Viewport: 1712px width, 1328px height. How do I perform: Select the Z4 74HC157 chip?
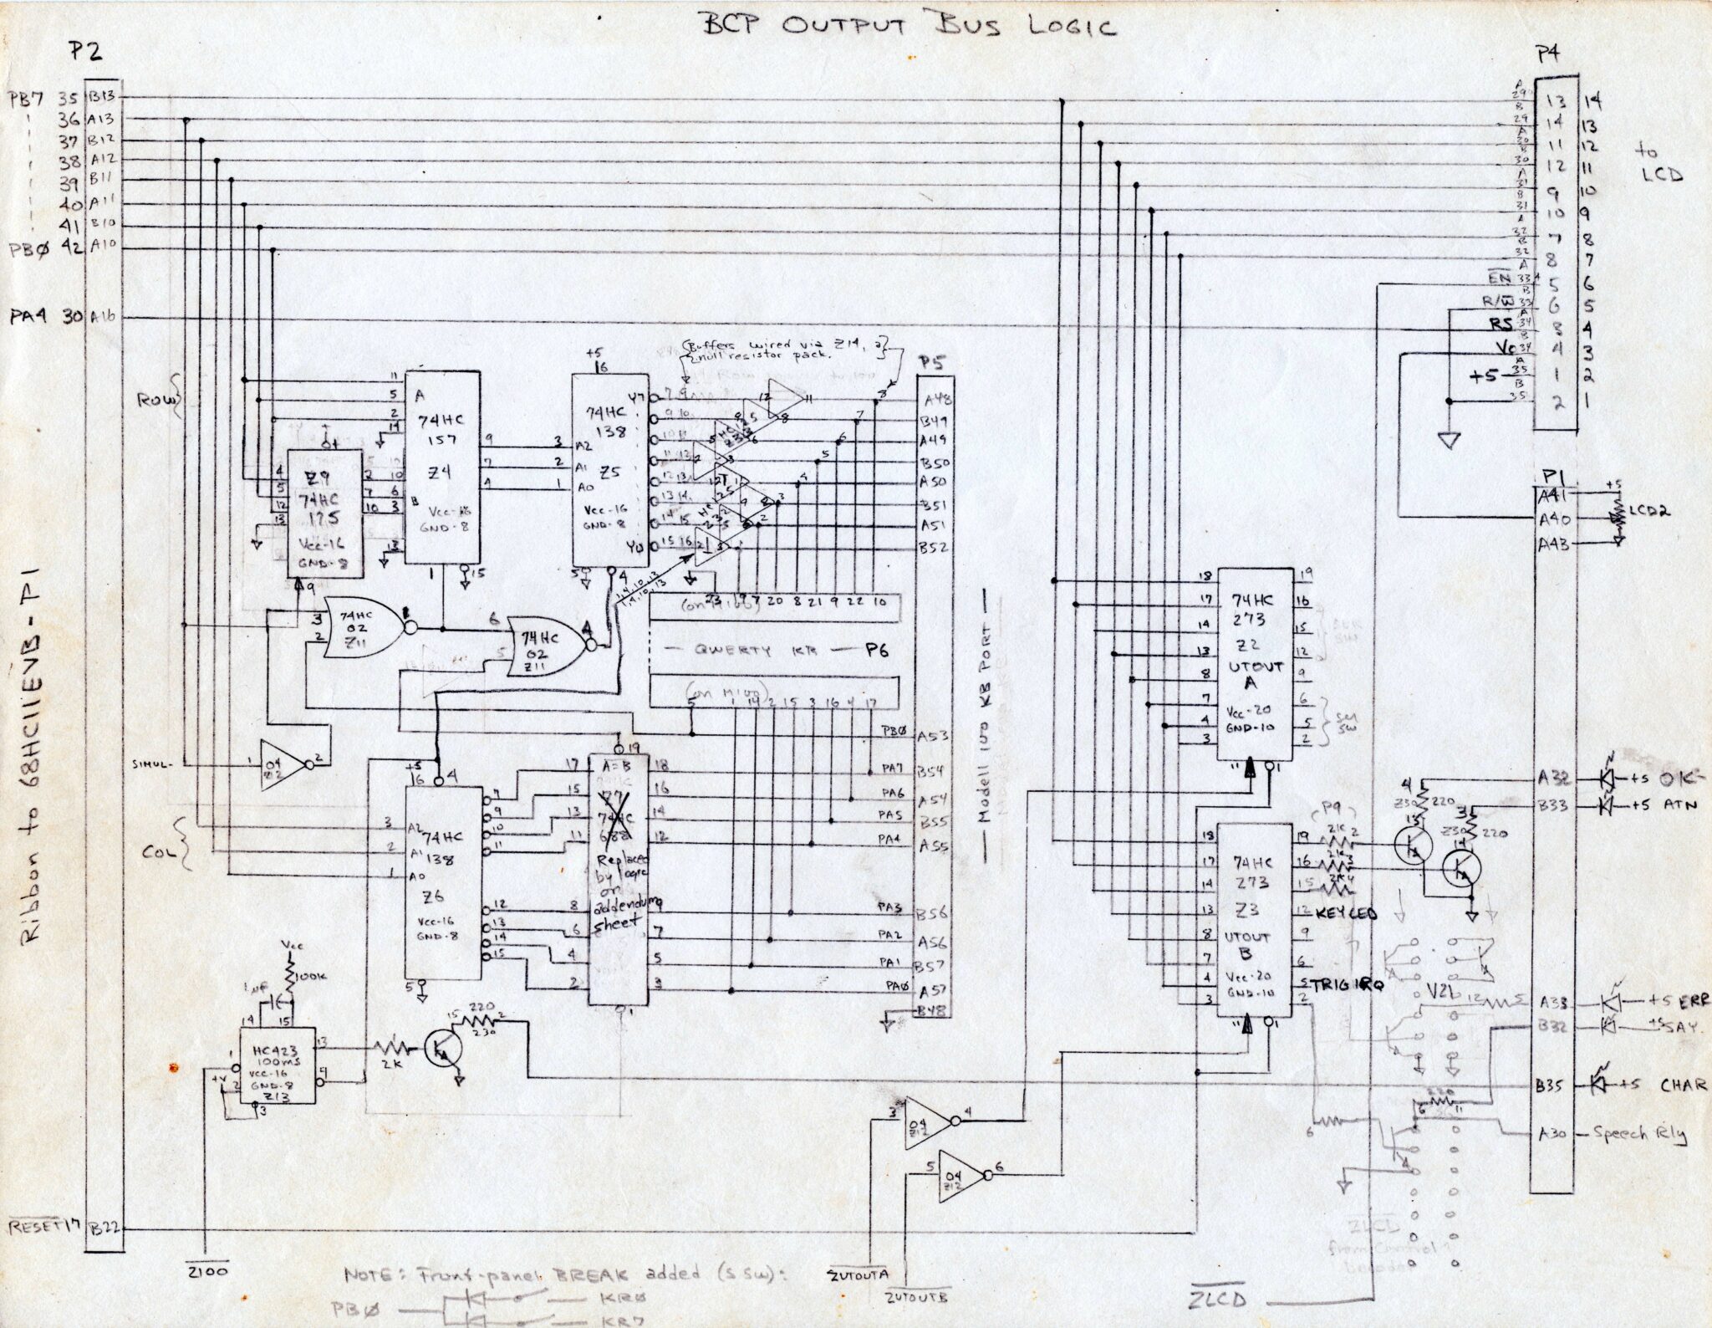coord(441,477)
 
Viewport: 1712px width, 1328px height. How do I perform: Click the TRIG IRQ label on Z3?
coord(1347,985)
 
